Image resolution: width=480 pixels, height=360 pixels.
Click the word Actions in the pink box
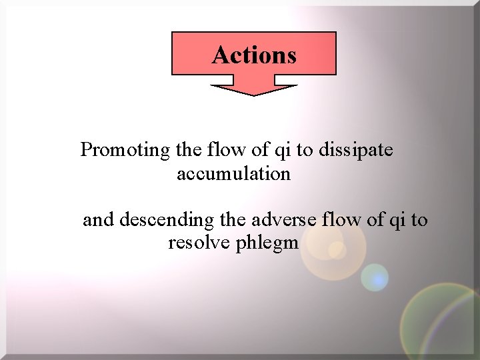(254, 55)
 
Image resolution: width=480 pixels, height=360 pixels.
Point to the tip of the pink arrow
(254, 94)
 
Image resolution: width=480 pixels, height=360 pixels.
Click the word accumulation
(233, 174)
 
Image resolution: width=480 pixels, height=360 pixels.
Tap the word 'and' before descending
(98, 219)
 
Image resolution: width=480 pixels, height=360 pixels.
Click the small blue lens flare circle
(375, 277)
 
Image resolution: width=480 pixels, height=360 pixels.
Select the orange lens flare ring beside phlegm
(333, 252)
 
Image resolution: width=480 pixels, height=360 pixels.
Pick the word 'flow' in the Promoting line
(227, 150)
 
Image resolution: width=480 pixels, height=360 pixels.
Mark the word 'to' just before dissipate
(304, 151)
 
